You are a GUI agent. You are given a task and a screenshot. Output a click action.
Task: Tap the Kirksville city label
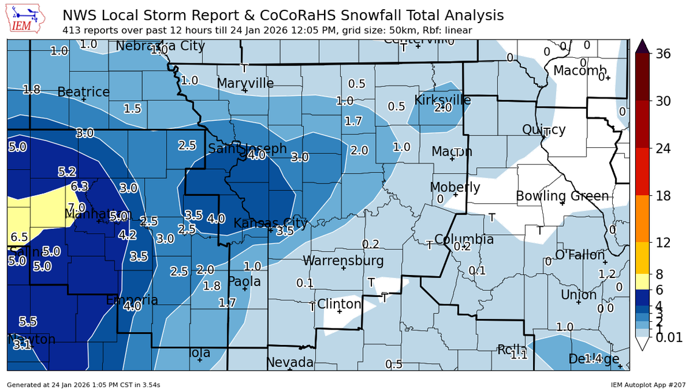[x=442, y=99]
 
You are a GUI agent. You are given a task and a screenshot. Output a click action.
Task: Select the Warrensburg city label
[x=343, y=260]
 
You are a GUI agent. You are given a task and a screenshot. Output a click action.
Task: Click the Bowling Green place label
[x=562, y=196]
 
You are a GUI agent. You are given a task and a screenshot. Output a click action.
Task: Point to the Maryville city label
[x=245, y=83]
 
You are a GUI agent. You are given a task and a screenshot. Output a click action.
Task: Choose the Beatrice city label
[x=83, y=92]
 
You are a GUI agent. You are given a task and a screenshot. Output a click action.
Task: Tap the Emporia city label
[x=132, y=300]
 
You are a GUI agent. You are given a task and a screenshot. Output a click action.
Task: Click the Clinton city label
[x=339, y=304]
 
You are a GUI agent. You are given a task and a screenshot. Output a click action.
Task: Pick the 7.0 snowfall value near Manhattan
[x=77, y=207]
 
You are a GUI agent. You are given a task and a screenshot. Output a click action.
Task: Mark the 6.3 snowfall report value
[x=80, y=186]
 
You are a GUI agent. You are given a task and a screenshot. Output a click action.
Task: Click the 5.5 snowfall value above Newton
[x=28, y=321]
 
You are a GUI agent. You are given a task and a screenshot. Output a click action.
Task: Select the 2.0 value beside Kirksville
[x=443, y=108]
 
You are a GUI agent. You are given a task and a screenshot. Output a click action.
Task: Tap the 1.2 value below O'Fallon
[x=607, y=274]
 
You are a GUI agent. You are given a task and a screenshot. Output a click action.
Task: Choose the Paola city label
[x=244, y=281]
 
